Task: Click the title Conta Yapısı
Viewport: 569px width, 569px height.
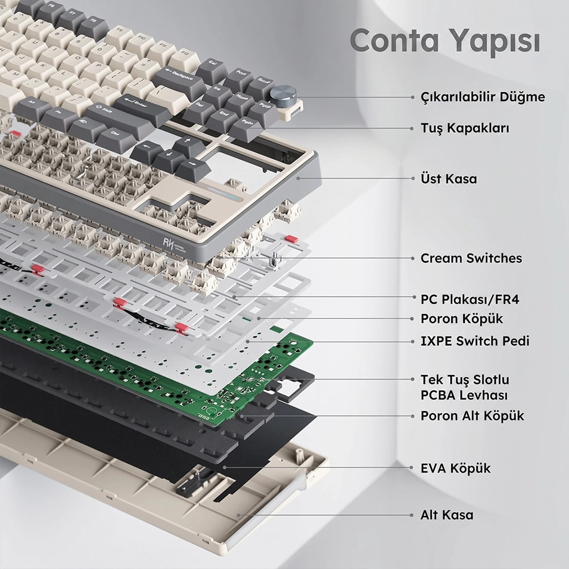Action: (445, 41)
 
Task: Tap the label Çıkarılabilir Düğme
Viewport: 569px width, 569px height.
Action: (483, 97)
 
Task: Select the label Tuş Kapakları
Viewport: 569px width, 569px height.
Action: (465, 128)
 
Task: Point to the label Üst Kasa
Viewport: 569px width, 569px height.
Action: (448, 179)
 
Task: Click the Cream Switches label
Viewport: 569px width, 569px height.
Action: (471, 258)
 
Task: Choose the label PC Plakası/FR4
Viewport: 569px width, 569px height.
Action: (469, 299)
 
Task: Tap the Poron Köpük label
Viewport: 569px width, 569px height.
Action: (461, 319)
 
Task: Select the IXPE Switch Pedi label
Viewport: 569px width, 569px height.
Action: (475, 341)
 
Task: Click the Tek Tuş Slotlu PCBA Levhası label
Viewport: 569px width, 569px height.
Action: (465, 387)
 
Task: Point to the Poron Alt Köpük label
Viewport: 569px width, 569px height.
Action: (472, 415)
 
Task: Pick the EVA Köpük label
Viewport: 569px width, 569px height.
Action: (455, 468)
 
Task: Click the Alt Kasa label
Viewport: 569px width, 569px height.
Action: (447, 514)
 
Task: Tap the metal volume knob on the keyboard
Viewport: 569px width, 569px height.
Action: (283, 96)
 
